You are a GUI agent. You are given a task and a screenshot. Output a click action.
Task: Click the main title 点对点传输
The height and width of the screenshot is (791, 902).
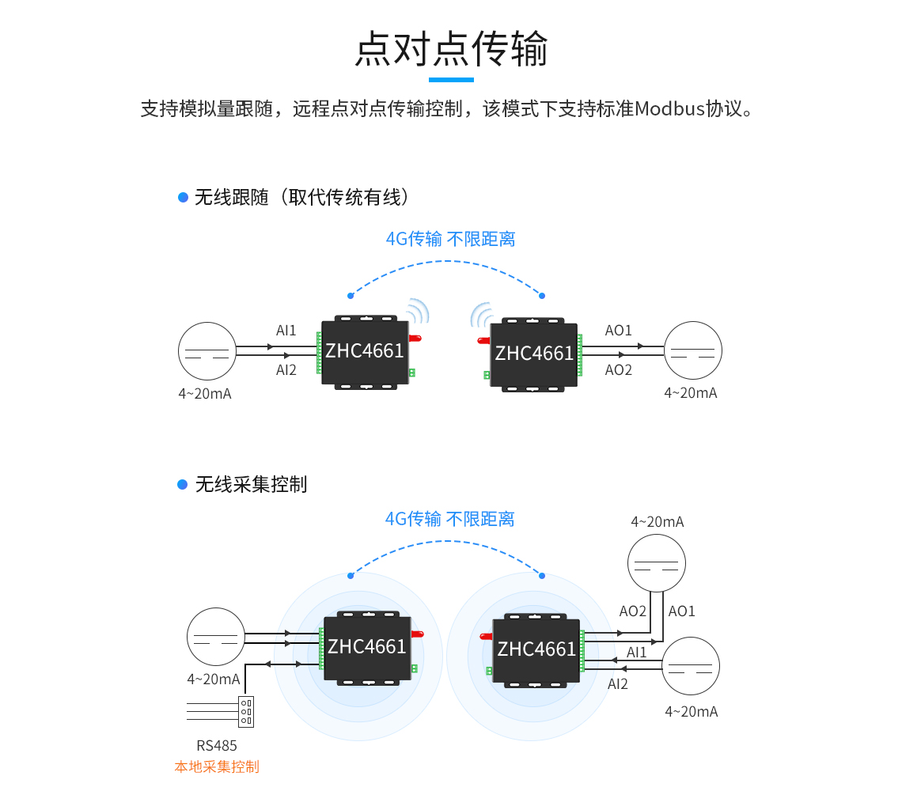(x=451, y=49)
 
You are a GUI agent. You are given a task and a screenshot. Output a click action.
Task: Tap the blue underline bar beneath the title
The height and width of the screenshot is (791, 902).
(x=451, y=80)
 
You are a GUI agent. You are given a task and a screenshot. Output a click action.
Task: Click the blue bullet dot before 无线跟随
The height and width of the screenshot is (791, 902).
(x=183, y=197)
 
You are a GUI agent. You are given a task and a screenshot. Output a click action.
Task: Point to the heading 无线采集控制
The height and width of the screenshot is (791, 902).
(x=251, y=484)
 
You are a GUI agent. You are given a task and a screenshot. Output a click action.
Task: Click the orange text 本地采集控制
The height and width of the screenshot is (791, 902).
(x=217, y=766)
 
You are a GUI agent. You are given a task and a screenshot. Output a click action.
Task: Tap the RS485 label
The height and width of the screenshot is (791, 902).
(x=217, y=745)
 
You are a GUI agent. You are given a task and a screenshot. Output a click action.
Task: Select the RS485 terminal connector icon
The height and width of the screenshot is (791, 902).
(x=246, y=711)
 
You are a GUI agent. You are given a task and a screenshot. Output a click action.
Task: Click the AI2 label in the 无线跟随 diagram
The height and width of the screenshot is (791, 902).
(x=286, y=370)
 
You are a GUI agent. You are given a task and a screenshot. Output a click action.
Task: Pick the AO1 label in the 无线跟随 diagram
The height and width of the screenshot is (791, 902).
(x=619, y=331)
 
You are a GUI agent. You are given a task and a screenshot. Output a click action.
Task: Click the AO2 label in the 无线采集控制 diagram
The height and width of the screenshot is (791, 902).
(x=633, y=611)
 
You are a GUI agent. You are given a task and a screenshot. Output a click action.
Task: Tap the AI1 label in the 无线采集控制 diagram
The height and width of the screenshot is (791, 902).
(x=637, y=653)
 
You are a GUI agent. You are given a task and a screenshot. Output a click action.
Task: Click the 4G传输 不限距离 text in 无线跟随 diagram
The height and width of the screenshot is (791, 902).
(x=450, y=239)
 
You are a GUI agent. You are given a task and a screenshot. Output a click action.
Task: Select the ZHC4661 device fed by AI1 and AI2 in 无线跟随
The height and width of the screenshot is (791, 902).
(x=365, y=352)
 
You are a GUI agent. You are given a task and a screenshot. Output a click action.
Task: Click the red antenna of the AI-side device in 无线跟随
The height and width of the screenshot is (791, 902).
(x=415, y=339)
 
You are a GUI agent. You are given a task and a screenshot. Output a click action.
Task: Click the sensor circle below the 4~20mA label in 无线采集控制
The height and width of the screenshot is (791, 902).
(x=657, y=564)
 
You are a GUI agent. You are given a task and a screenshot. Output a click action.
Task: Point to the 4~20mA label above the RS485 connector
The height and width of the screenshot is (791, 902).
(x=214, y=679)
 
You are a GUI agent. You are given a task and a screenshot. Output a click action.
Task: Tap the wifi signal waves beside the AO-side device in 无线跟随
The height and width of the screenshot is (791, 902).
(x=480, y=316)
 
